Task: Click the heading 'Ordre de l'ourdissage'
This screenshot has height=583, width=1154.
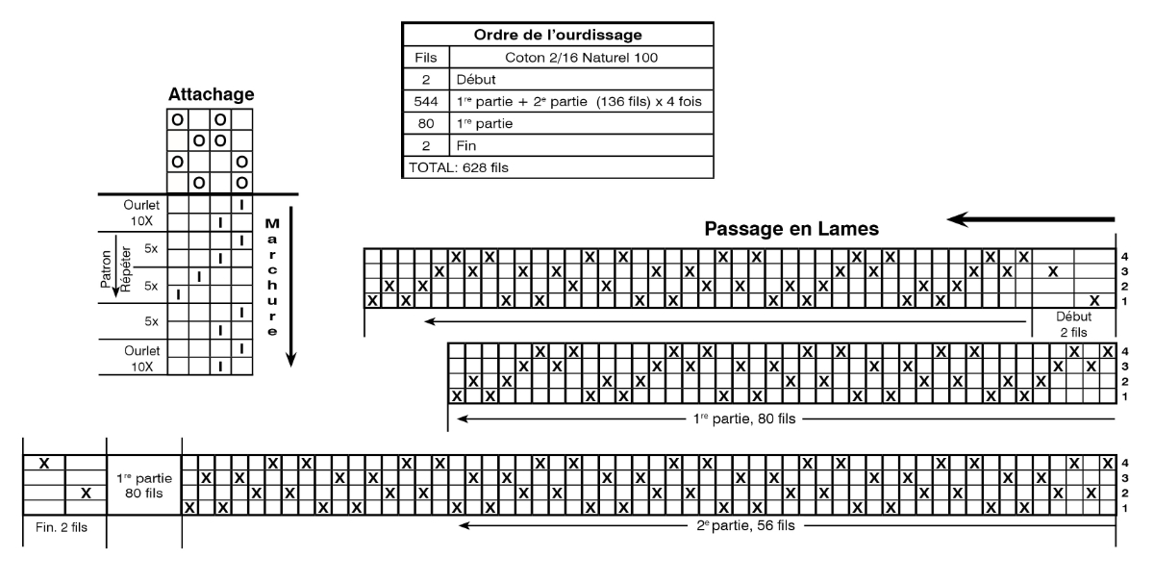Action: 558,35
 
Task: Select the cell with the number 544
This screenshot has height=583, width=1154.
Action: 425,101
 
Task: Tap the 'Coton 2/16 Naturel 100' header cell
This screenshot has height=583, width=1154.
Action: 581,57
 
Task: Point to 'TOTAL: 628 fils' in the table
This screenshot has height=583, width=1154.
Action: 459,167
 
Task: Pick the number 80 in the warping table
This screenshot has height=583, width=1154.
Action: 425,124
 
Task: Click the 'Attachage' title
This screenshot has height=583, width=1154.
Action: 211,94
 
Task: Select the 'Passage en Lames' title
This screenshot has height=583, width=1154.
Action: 791,229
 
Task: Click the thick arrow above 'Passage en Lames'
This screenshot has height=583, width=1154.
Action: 1030,219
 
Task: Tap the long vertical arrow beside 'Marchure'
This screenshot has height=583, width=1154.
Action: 291,287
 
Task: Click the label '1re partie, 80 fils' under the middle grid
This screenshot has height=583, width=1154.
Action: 744,418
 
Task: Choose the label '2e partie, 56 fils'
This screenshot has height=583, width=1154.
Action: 745,525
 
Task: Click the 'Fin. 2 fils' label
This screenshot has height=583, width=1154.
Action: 62,527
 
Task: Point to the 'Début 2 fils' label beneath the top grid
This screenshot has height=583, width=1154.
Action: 1073,324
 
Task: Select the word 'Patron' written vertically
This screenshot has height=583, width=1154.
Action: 106,268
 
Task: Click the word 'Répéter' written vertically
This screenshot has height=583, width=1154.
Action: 126,269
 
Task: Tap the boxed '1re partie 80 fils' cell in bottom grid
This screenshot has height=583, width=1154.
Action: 143,486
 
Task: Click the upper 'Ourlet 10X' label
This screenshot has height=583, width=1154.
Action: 141,213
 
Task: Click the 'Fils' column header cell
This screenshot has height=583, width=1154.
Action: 426,57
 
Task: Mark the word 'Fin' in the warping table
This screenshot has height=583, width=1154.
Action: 465,146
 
